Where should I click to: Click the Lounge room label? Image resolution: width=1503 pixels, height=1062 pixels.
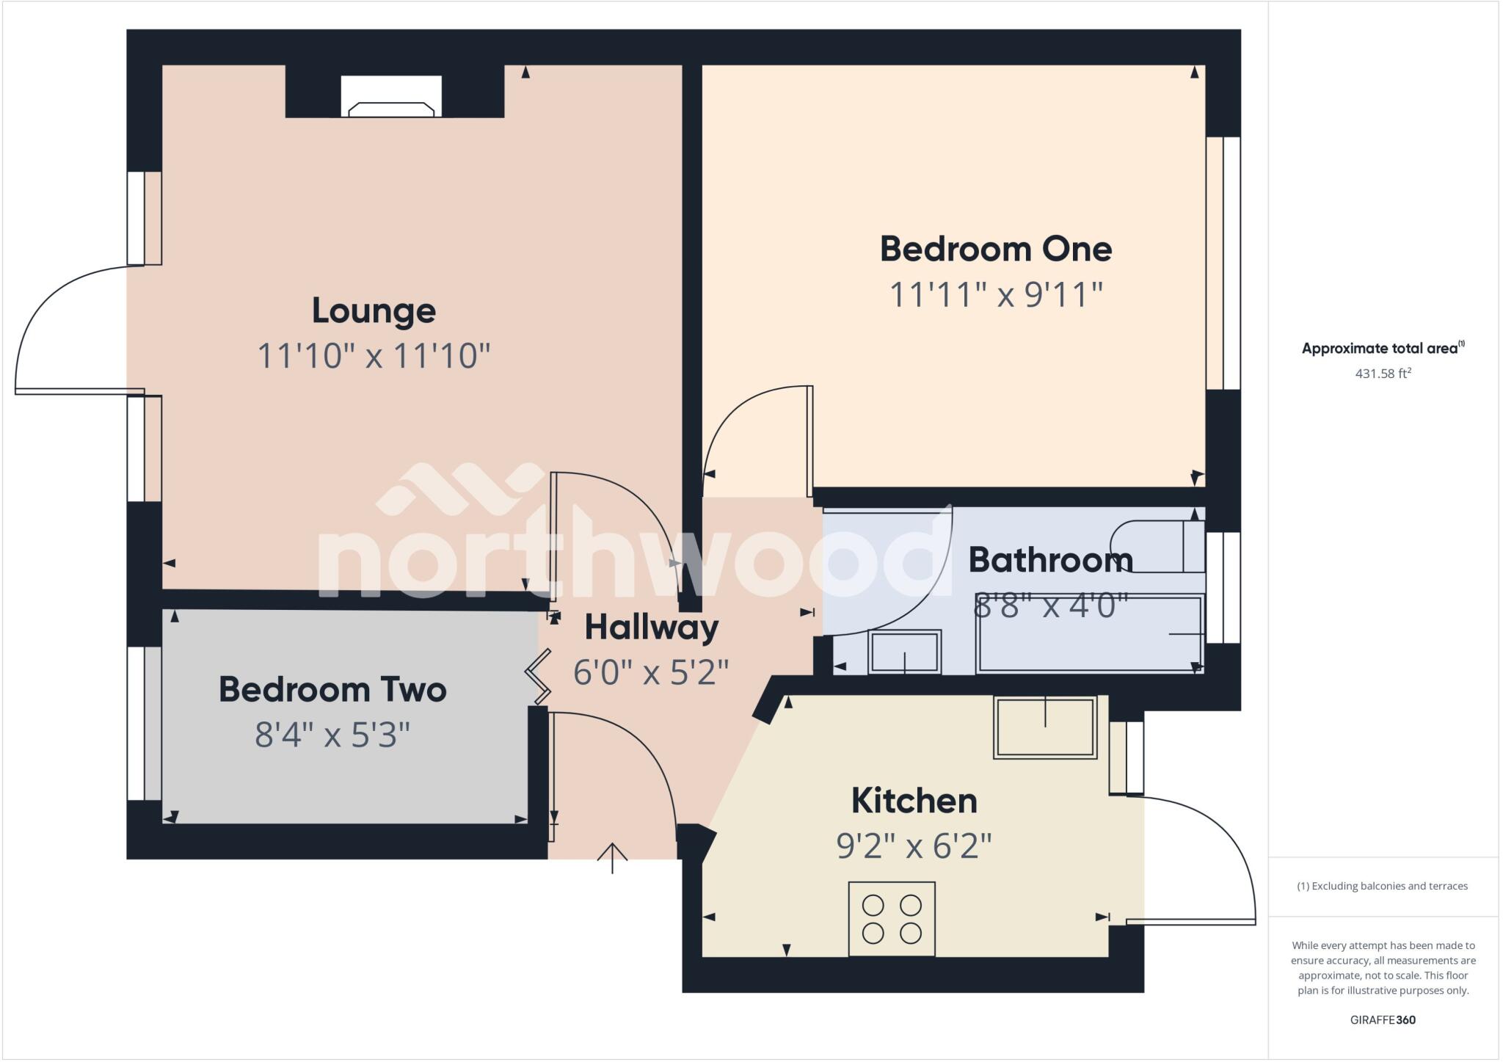(x=374, y=310)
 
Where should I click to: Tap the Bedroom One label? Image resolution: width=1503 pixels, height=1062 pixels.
(x=996, y=249)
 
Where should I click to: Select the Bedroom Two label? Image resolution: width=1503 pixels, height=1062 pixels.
(x=332, y=690)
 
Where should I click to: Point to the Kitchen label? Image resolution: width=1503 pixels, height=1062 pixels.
(x=914, y=801)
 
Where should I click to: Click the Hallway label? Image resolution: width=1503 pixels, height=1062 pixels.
(x=651, y=628)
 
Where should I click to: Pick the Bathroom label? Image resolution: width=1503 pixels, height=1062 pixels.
(x=1050, y=560)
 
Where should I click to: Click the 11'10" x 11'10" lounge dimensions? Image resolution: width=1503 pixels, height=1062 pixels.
(x=374, y=357)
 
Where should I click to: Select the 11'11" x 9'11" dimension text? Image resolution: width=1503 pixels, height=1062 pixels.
(x=996, y=295)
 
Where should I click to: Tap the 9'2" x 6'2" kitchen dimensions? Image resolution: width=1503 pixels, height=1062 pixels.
(x=914, y=847)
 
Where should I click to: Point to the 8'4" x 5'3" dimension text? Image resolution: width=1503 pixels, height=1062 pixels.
(x=332, y=735)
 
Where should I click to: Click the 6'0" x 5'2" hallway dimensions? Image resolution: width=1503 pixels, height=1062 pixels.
(x=651, y=673)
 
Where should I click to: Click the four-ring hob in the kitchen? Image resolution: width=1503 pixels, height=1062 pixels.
(x=892, y=919)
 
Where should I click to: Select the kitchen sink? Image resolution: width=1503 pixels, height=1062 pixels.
(x=1045, y=727)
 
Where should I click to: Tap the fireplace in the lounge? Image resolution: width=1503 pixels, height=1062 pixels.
(x=391, y=100)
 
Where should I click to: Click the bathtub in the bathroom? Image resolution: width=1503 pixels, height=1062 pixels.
(x=1089, y=634)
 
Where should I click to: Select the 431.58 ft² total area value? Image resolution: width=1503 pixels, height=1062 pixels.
(x=1383, y=374)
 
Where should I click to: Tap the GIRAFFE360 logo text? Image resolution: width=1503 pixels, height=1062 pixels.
(x=1383, y=1020)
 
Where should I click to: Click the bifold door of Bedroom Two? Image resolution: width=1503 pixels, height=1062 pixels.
(x=539, y=674)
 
